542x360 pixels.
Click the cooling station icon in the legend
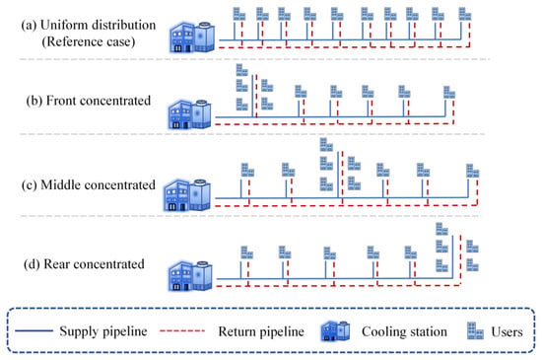coord(335,331)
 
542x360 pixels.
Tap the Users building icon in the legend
coord(475,330)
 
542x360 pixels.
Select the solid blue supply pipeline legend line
coord(34,331)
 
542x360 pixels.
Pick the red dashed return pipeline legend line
coord(182,331)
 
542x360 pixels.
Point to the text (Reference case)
coord(89,41)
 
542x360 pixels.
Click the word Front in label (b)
coord(63,101)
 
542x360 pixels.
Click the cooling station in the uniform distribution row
coord(192,37)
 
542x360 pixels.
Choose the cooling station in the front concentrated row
coord(189,114)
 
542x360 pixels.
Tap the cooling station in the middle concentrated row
coord(187,194)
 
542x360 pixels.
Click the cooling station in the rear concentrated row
coord(190,275)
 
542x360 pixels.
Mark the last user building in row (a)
coord(465,14)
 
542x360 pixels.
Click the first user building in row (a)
coord(239,14)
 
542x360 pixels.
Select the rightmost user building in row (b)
coord(449,93)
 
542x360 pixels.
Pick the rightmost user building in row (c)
coord(472,171)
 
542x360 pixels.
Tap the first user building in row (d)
coord(246,252)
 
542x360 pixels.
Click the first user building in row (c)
coord(247,170)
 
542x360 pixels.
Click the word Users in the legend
coord(507,331)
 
